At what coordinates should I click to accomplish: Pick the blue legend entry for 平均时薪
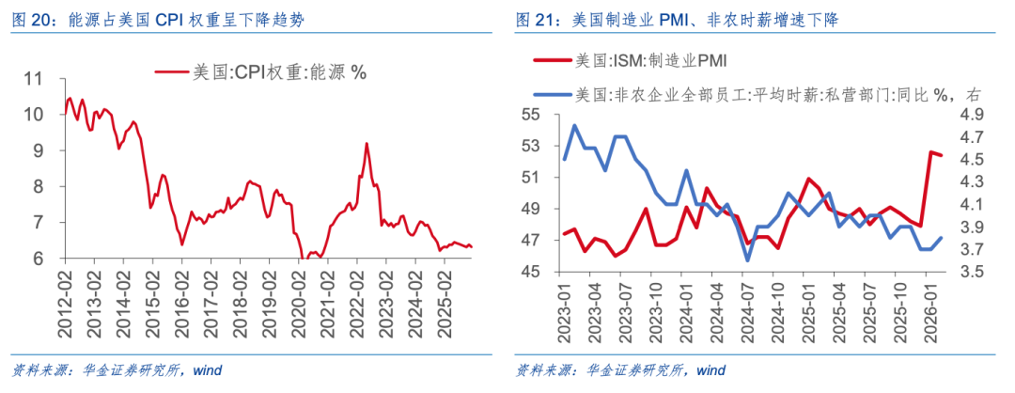(x=771, y=94)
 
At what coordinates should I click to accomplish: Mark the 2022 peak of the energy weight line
(x=367, y=144)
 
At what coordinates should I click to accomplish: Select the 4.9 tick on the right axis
(x=970, y=114)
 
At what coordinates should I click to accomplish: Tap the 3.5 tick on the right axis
(x=970, y=273)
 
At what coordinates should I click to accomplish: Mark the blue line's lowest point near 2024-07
(x=748, y=260)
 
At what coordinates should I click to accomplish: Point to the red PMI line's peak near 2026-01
(x=931, y=152)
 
